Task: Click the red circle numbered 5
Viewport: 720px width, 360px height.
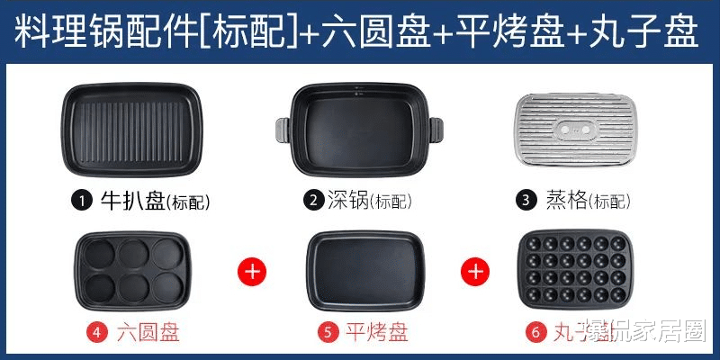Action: [328, 332]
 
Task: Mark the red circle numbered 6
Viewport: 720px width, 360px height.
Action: [536, 332]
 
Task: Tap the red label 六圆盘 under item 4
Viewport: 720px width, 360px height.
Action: [148, 332]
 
